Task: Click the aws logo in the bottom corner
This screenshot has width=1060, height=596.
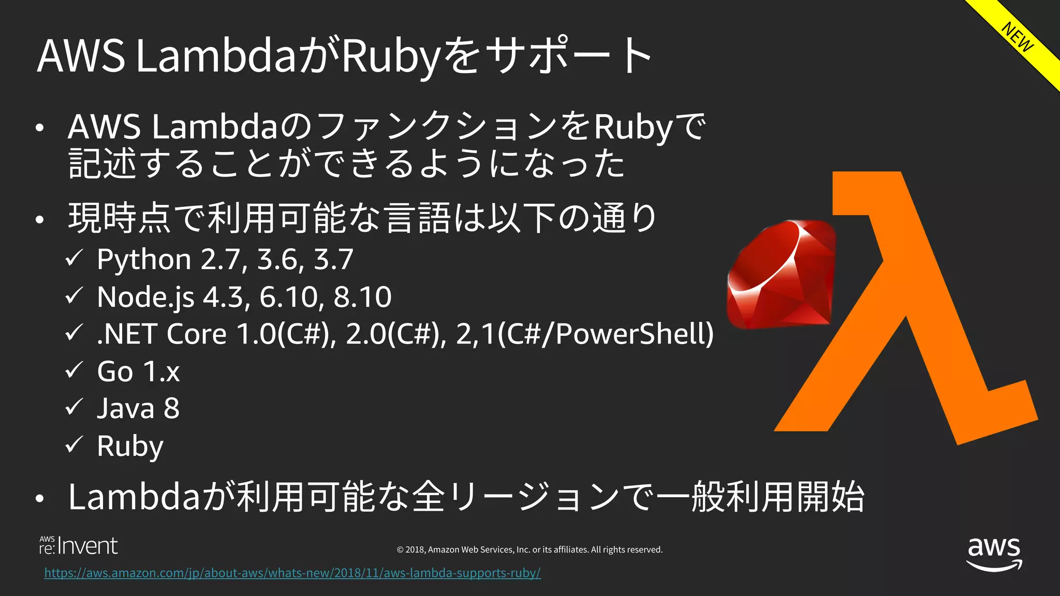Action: coord(994,554)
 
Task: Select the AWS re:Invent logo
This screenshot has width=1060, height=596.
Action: coord(78,546)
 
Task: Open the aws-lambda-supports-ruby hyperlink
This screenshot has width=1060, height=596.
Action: coord(292,573)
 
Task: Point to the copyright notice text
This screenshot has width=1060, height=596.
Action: coord(529,549)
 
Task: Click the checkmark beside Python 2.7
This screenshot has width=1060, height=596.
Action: coord(75,258)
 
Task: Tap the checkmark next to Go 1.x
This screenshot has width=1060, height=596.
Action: coord(75,370)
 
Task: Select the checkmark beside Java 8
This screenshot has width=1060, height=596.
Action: coord(75,408)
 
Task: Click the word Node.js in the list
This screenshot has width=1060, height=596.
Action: coord(145,297)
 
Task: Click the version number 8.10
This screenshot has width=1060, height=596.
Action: coord(362,297)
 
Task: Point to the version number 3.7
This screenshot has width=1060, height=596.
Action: coord(333,259)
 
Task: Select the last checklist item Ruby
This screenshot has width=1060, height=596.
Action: coord(130,446)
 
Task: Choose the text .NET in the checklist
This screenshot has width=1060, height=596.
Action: coord(127,334)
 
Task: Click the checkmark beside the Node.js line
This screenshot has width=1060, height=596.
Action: coord(75,296)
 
